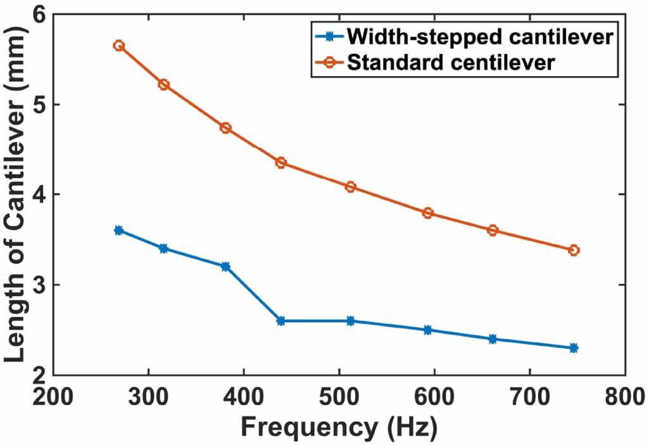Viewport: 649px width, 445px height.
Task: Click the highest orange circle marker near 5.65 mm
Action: [118, 46]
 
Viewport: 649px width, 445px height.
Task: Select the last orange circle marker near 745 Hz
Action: [574, 250]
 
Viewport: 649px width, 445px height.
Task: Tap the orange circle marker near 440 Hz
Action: [280, 163]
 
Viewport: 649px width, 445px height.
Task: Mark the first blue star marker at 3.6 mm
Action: [118, 230]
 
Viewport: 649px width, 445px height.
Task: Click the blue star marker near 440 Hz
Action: [280, 321]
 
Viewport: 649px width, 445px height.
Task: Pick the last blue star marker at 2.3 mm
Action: [574, 348]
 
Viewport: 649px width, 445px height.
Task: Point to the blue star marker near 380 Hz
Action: [225, 266]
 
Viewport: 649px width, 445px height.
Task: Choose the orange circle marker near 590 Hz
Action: [428, 213]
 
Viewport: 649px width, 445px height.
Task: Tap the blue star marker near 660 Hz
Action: [493, 339]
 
